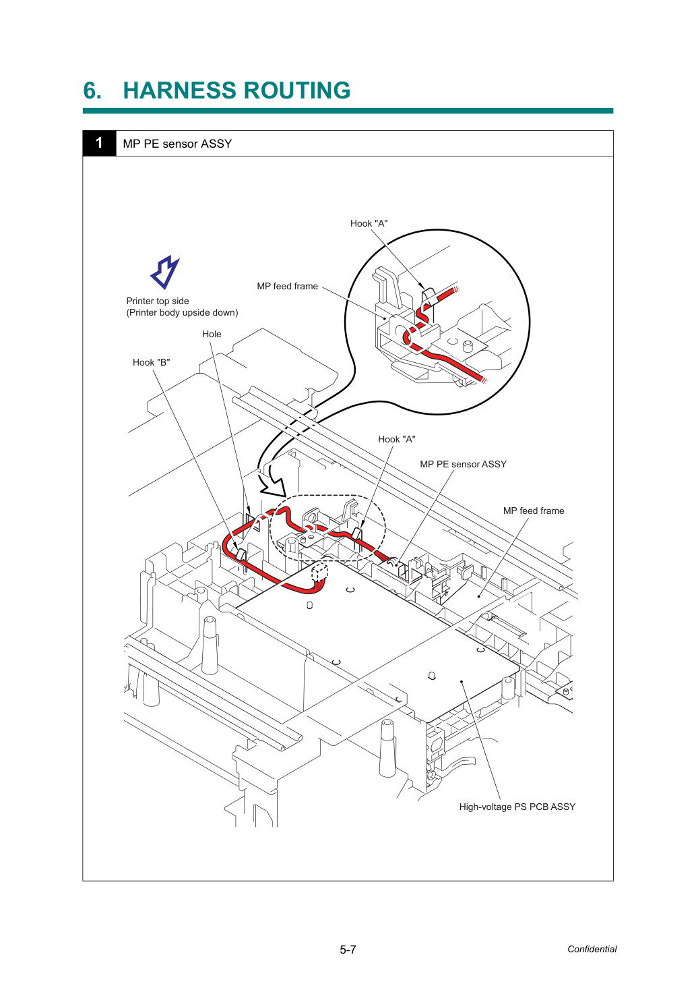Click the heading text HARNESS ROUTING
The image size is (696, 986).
coord(236,90)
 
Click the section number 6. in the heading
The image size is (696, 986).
coord(92,90)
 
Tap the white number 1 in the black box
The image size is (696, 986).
coord(99,142)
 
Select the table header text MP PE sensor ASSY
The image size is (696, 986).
coord(177,144)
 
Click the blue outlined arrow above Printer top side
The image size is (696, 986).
coord(165,272)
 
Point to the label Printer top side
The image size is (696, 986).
coord(158,301)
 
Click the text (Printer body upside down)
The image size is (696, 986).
coord(182,312)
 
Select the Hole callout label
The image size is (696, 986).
coord(212,334)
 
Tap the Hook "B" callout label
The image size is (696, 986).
coord(151,362)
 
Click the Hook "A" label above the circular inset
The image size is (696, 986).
coord(369,224)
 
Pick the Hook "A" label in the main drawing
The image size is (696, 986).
coord(397,439)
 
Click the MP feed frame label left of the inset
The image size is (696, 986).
coord(287,286)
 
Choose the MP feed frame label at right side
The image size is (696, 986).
coord(534,511)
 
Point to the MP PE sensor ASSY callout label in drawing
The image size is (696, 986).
coord(463,464)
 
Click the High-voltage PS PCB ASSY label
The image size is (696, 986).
coord(517,807)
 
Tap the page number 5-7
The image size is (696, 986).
coord(348,950)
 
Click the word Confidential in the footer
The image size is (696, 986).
coord(592,949)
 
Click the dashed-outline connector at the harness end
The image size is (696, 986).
coord(319,573)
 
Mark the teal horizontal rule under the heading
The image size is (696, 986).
coord(348,111)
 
